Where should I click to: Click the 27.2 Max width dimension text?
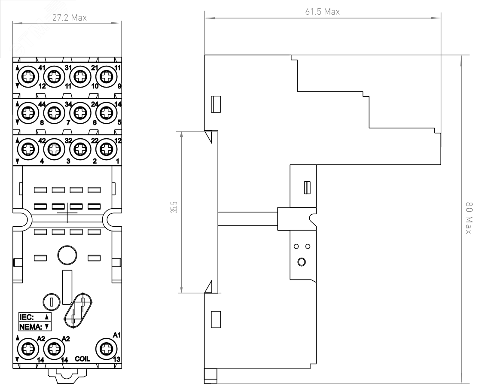pos(69,18)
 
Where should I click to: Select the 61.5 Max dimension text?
pos(322,12)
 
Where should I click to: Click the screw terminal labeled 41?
pos(29,76)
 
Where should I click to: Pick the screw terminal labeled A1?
pos(106,349)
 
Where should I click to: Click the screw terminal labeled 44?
pos(29,113)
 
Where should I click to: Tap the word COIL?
pos(82,359)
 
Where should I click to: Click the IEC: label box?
pos(35,317)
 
